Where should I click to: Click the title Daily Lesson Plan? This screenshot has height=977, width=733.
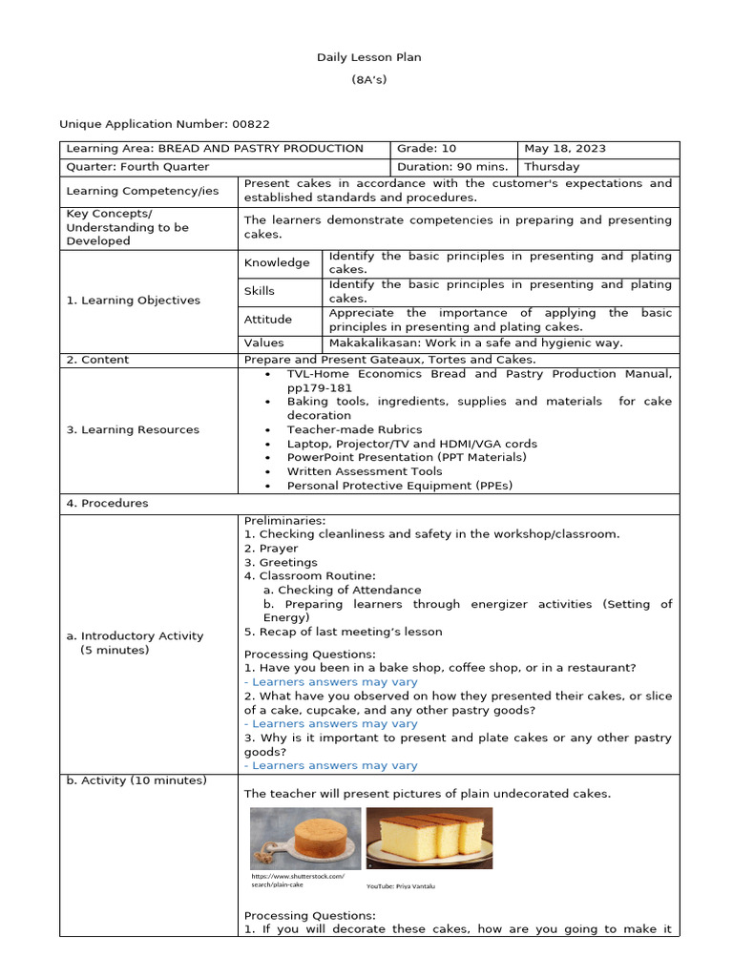(368, 57)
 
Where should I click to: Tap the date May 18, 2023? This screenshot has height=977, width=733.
(565, 149)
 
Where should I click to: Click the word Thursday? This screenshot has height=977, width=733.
(552, 167)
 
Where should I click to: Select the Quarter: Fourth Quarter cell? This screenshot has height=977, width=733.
(137, 167)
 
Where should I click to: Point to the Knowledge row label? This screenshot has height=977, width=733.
(277, 263)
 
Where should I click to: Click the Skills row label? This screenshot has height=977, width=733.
(259, 291)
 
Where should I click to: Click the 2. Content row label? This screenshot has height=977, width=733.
(97, 360)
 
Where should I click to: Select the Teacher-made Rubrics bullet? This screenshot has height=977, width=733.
(354, 430)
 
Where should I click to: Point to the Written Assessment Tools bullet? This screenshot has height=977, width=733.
(365, 471)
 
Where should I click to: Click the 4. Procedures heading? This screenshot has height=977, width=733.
(107, 504)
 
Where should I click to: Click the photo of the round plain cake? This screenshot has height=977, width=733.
(305, 838)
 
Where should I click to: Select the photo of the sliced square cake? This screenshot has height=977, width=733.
(429, 838)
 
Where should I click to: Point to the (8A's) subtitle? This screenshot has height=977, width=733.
(368, 80)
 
